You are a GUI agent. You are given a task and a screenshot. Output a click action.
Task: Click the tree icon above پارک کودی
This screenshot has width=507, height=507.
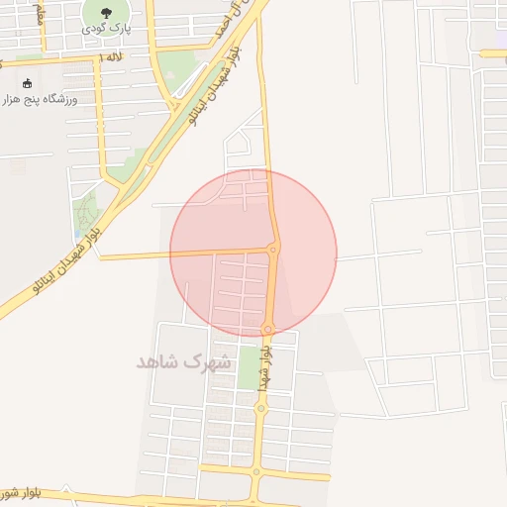pyautogui.click(x=107, y=13)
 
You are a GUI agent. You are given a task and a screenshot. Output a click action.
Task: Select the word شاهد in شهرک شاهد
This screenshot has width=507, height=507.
pyautogui.click(x=158, y=360)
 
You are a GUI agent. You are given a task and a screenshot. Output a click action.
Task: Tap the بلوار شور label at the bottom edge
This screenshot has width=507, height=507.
pyautogui.click(x=20, y=491)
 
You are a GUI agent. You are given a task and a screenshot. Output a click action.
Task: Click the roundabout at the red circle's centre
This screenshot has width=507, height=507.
pyautogui.click(x=274, y=249)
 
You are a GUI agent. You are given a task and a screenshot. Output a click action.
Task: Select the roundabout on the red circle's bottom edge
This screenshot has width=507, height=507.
pyautogui.click(x=267, y=328)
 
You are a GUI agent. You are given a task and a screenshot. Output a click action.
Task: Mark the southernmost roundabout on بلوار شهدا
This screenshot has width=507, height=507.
pyautogui.click(x=255, y=471)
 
